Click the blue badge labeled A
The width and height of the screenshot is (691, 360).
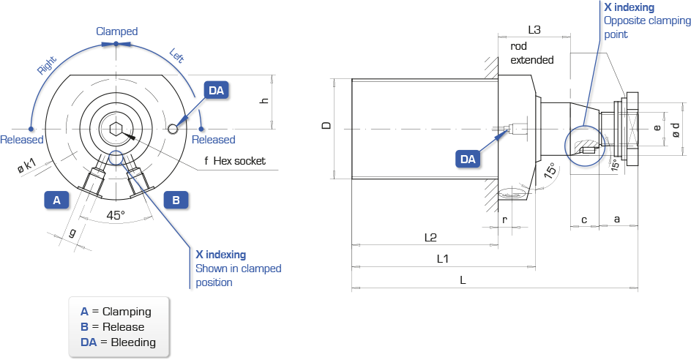point(57,200)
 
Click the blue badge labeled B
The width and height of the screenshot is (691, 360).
point(176,200)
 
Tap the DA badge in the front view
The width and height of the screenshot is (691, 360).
point(216,90)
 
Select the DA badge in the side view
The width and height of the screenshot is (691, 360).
point(468,159)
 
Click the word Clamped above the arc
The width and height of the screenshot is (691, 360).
point(117,31)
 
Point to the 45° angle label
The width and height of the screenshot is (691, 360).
point(116,215)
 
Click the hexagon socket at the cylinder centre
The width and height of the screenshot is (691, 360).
point(116,129)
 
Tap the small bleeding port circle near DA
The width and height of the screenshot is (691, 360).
point(173,128)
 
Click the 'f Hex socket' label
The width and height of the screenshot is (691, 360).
point(235,161)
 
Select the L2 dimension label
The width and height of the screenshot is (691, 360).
point(430,238)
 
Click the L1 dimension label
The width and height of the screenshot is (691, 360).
point(442,258)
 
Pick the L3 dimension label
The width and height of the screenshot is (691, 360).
point(534,29)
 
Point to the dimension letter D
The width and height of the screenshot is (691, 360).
point(326,126)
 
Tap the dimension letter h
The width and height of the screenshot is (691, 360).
point(264,100)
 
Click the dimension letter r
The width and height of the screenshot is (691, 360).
point(504,220)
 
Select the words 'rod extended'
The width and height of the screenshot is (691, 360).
point(532,53)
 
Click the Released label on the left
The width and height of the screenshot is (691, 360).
point(22,140)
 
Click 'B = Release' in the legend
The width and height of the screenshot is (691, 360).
point(113,327)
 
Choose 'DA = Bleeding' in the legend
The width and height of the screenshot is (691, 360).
point(118,342)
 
